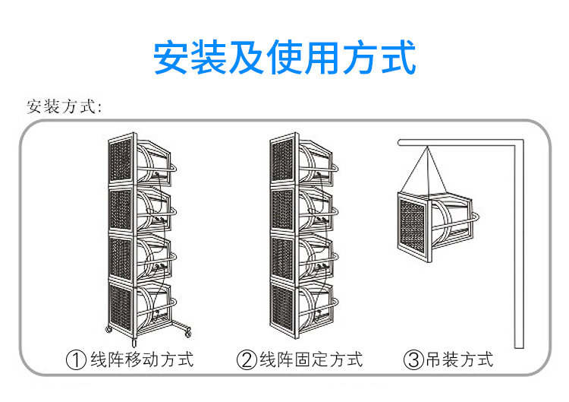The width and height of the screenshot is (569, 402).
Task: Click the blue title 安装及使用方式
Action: pyautogui.click(x=284, y=57)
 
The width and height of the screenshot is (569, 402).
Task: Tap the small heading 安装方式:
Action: pyautogui.click(x=64, y=106)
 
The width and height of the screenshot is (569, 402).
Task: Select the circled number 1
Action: pyautogui.click(x=77, y=360)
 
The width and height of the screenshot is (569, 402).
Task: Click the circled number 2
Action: pyautogui.click(x=247, y=360)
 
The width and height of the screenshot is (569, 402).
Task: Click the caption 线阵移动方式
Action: pyautogui.click(x=142, y=360)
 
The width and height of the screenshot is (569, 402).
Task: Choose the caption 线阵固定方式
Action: pyautogui.click(x=311, y=360)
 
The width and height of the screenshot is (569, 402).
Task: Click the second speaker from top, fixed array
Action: pyautogui.click(x=303, y=208)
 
